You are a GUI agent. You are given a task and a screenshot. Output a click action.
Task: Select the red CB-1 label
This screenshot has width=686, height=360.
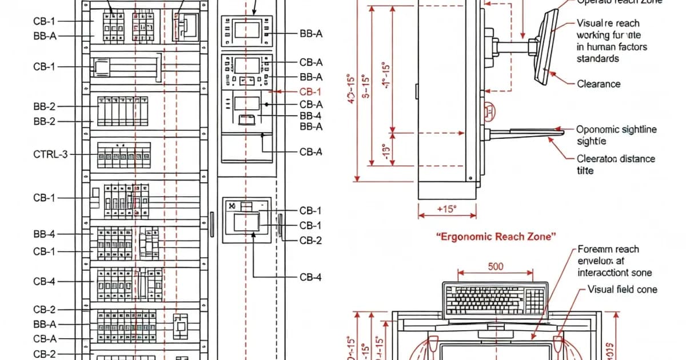(x=310, y=91)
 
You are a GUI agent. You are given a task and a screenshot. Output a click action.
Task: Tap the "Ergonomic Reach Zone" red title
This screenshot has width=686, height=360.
(x=496, y=237)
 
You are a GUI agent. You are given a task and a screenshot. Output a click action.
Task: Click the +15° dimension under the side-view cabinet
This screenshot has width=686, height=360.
(x=447, y=209)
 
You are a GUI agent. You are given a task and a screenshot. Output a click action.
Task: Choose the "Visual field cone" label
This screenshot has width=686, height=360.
(x=622, y=290)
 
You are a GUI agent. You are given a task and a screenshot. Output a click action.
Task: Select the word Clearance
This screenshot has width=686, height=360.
(x=599, y=84)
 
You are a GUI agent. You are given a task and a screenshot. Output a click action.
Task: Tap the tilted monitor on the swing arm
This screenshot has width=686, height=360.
(x=545, y=46)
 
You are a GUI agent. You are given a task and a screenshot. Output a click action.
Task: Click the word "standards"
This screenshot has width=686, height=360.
(x=597, y=59)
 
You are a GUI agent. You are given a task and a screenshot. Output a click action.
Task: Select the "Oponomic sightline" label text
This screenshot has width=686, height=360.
(x=616, y=130)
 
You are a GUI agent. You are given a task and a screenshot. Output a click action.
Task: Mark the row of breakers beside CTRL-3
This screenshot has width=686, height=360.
(x=123, y=155)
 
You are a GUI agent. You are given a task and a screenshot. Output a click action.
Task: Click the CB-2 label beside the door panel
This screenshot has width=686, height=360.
(x=310, y=241)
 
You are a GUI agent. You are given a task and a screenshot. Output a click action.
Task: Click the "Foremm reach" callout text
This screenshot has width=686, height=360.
(x=608, y=249)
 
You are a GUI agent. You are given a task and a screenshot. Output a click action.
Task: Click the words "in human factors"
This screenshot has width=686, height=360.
(x=612, y=47)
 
